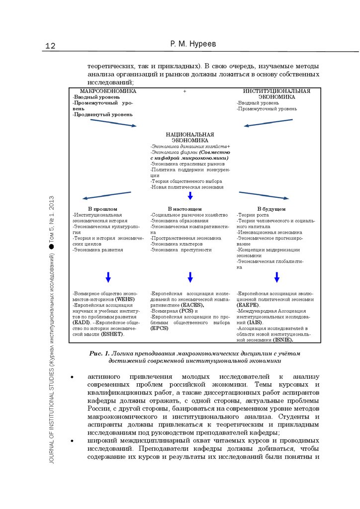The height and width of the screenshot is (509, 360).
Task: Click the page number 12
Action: click(x=50, y=46)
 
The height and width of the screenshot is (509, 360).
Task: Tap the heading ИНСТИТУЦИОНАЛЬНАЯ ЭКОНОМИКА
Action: click(x=276, y=94)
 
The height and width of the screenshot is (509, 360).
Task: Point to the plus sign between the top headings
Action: click(x=184, y=92)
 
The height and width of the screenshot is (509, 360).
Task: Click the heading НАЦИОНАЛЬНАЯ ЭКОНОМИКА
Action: click(x=190, y=137)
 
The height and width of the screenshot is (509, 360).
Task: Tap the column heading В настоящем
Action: click(x=184, y=209)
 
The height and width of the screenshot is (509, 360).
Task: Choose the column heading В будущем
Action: click(x=271, y=209)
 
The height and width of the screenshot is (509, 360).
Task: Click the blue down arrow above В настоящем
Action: click(x=190, y=195)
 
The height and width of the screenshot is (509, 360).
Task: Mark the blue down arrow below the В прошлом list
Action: click(x=108, y=277)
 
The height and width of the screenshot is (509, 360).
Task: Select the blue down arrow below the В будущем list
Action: click(x=276, y=277)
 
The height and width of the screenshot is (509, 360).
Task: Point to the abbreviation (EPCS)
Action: click(x=160, y=329)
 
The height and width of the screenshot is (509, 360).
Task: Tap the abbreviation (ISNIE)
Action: click(x=282, y=340)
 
